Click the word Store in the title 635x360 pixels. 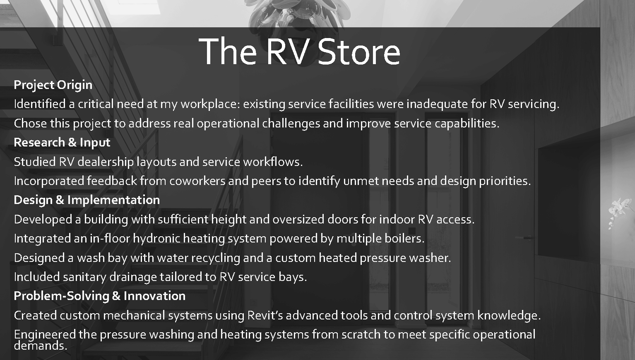pyautogui.click(x=359, y=52)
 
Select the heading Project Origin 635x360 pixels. pyautogui.click(x=53, y=85)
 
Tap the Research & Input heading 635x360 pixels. pyautogui.click(x=62, y=142)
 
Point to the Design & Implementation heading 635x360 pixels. pyautogui.click(x=87, y=200)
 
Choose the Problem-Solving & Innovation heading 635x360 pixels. pyautogui.click(x=99, y=296)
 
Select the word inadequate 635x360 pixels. pyautogui.click(x=437, y=104)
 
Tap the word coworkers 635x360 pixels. pyautogui.click(x=197, y=181)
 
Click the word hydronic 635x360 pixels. pyautogui.click(x=156, y=239)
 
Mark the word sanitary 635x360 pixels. pyautogui.click(x=84, y=277)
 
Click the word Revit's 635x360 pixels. pyautogui.click(x=265, y=315)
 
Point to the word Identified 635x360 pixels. pyautogui.click(x=40, y=104)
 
